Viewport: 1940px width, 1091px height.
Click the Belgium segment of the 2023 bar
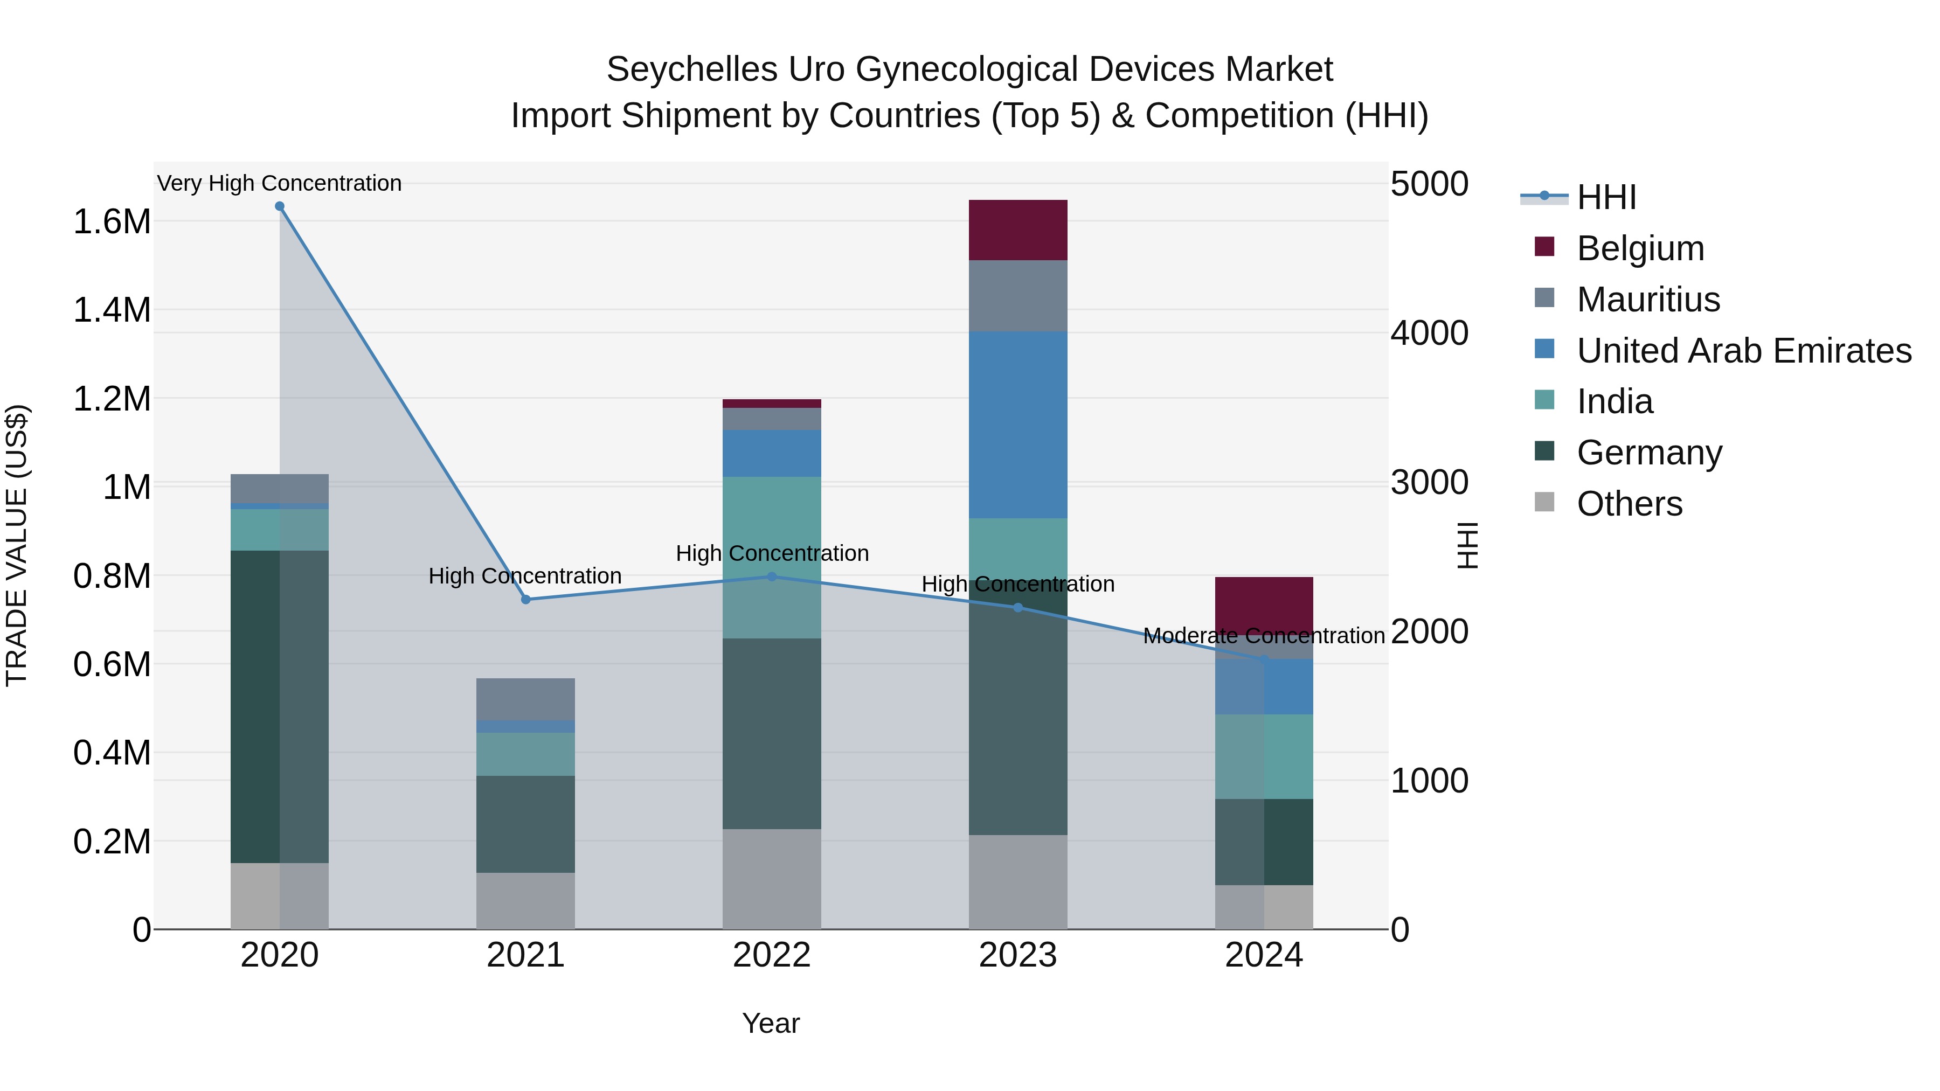tap(1017, 230)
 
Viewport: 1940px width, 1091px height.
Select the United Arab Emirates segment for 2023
tap(1017, 424)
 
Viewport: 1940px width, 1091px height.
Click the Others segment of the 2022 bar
tap(771, 879)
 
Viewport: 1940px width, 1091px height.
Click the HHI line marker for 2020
tap(279, 206)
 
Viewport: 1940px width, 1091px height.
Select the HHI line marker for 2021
tap(525, 599)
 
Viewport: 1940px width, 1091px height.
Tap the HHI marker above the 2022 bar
tap(771, 576)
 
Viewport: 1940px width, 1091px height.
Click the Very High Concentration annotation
tap(279, 183)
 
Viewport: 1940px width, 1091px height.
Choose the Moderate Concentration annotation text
tap(1264, 636)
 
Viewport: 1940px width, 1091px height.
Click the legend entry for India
tap(1614, 401)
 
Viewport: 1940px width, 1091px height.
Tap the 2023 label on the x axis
tap(1017, 955)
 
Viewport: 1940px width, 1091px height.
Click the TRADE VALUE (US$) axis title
tap(17, 545)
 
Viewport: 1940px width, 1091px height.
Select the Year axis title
tap(771, 1023)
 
